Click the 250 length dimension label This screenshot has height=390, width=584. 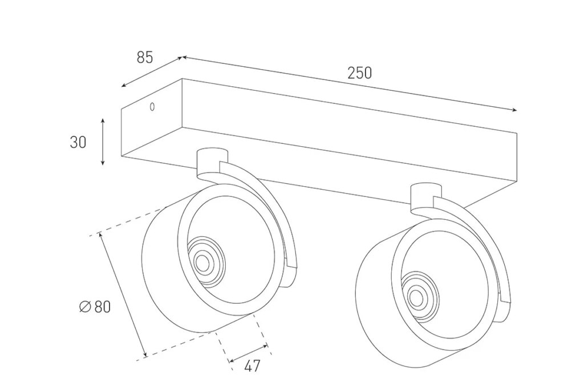359,73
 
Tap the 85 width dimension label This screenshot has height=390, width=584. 145,57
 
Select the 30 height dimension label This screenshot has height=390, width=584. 78,142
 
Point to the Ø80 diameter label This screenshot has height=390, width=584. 95,307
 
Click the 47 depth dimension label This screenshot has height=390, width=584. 252,366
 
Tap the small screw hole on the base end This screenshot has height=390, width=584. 152,106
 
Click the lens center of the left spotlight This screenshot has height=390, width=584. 202,262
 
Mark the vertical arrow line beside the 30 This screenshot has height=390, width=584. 103,142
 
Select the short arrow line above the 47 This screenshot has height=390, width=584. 248,353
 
